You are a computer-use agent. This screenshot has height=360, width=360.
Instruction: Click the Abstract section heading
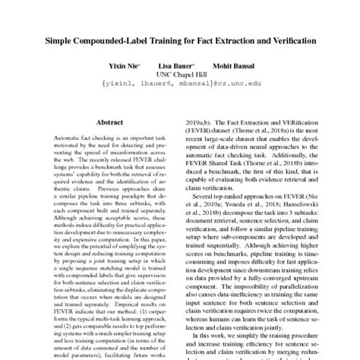[111, 122]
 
